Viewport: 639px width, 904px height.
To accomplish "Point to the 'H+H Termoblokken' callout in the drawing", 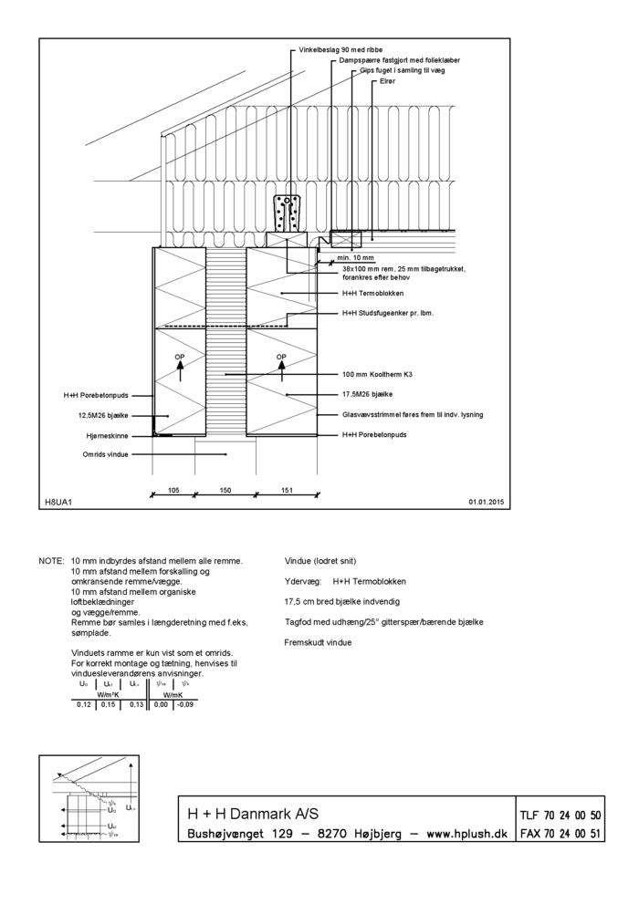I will point(372,294).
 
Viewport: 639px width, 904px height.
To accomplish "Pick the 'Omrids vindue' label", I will point(105,453).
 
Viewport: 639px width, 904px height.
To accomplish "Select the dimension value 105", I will point(173,490).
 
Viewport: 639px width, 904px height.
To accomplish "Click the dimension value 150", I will point(225,490).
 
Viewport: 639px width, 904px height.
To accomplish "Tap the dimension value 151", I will point(287,490).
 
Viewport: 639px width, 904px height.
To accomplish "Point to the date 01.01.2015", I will point(487,502).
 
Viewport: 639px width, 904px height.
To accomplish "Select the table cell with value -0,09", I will point(185,704).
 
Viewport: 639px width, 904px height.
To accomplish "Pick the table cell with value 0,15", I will point(109,704).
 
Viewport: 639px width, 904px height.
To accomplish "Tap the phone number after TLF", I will point(573,815).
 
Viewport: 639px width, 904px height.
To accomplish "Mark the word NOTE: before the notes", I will point(50,561).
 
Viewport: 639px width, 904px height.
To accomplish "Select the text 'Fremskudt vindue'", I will point(319,642).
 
